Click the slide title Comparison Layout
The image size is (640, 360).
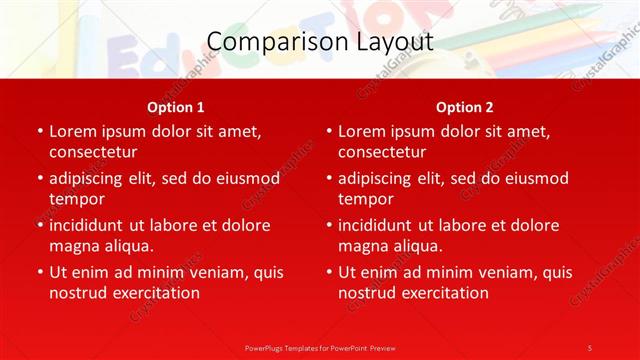(320, 42)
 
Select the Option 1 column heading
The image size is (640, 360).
(176, 107)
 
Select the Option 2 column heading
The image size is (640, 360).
(465, 107)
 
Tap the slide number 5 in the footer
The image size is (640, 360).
(590, 347)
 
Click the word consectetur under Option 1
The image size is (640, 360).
(93, 153)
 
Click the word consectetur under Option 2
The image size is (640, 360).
(382, 153)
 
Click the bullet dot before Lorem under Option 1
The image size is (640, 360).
(40, 132)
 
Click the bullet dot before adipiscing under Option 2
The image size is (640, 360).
(329, 179)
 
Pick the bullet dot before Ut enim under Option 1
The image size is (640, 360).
(40, 272)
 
